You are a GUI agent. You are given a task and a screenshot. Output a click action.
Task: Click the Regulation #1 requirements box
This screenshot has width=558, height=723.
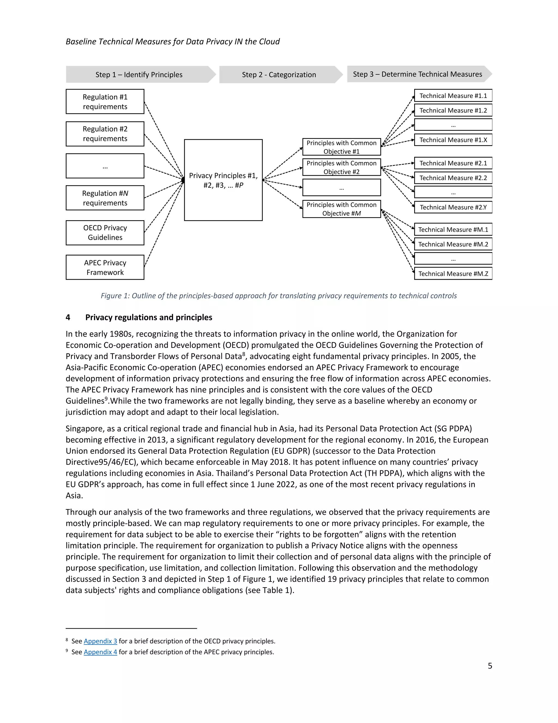105,102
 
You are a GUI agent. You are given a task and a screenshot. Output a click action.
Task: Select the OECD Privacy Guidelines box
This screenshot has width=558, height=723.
105,233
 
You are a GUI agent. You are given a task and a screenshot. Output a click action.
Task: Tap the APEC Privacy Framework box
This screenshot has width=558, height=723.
105,267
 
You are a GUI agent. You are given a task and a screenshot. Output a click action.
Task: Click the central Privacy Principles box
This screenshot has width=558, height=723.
223,180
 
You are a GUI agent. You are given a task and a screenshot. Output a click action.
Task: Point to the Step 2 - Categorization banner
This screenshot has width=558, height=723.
279,74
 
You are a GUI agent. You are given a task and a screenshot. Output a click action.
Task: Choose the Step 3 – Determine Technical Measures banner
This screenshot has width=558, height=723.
417,74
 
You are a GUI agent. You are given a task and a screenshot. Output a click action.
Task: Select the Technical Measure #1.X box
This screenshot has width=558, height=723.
453,140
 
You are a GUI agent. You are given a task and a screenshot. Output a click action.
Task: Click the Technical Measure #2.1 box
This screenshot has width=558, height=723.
453,163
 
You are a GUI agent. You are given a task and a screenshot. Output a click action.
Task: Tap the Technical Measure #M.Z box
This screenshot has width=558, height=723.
453,274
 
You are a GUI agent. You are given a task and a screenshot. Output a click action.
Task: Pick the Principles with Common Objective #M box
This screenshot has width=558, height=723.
341,209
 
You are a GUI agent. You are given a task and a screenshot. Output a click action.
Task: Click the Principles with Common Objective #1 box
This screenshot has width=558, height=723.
341,147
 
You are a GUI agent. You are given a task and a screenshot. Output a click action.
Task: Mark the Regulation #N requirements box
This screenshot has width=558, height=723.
105,198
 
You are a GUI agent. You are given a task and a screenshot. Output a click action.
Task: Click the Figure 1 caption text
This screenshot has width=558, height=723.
279,296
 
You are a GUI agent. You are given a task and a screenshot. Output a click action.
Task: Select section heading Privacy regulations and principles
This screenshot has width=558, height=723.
148,318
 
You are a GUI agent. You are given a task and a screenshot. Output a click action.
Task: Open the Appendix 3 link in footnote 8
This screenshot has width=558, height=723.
100,641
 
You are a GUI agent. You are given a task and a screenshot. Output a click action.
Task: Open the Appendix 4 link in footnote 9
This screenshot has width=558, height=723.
100,652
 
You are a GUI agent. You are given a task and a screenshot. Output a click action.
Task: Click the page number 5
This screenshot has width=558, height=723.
490,666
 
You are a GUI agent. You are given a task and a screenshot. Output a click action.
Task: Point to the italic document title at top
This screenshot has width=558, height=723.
172,41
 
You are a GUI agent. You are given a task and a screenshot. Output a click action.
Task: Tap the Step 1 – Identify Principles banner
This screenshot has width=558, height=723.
139,74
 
